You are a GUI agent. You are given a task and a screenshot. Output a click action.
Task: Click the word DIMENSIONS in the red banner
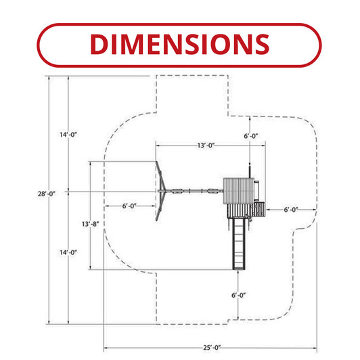[x=180, y=44]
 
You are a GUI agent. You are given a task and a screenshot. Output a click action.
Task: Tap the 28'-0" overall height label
[x=47, y=194]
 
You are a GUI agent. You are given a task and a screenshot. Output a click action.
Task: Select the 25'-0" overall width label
[x=212, y=348]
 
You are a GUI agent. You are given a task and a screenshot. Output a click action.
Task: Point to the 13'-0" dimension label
[x=206, y=145]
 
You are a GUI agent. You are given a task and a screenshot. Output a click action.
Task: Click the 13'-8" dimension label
[x=91, y=224]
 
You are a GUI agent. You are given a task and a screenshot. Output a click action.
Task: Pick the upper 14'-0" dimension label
[x=68, y=135]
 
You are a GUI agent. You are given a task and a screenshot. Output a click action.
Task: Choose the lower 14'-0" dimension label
[x=68, y=252]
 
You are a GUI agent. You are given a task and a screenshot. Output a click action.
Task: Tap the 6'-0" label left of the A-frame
[x=129, y=206]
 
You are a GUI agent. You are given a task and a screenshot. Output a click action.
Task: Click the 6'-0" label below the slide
[x=239, y=295]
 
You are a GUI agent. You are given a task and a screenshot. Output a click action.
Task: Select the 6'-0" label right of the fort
[x=291, y=210]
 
